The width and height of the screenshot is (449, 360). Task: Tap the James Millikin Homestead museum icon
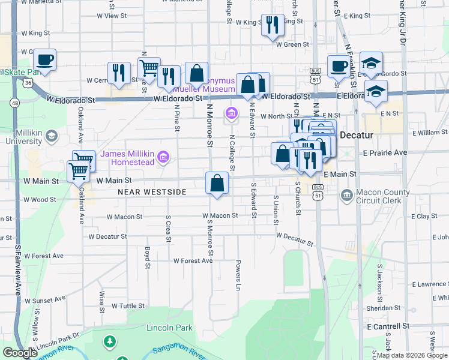163,157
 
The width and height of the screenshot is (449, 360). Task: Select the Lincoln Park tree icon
109,342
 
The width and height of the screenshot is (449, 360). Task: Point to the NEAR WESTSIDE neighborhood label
152,192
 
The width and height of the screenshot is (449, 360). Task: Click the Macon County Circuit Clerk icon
346,195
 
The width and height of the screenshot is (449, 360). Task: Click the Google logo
20,353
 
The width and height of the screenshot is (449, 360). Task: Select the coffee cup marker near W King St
44,60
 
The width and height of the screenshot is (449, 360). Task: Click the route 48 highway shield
14,103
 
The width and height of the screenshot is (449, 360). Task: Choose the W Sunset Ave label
44,299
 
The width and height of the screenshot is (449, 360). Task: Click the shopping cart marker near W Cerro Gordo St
149,68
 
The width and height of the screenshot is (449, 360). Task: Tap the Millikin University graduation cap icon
52,136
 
